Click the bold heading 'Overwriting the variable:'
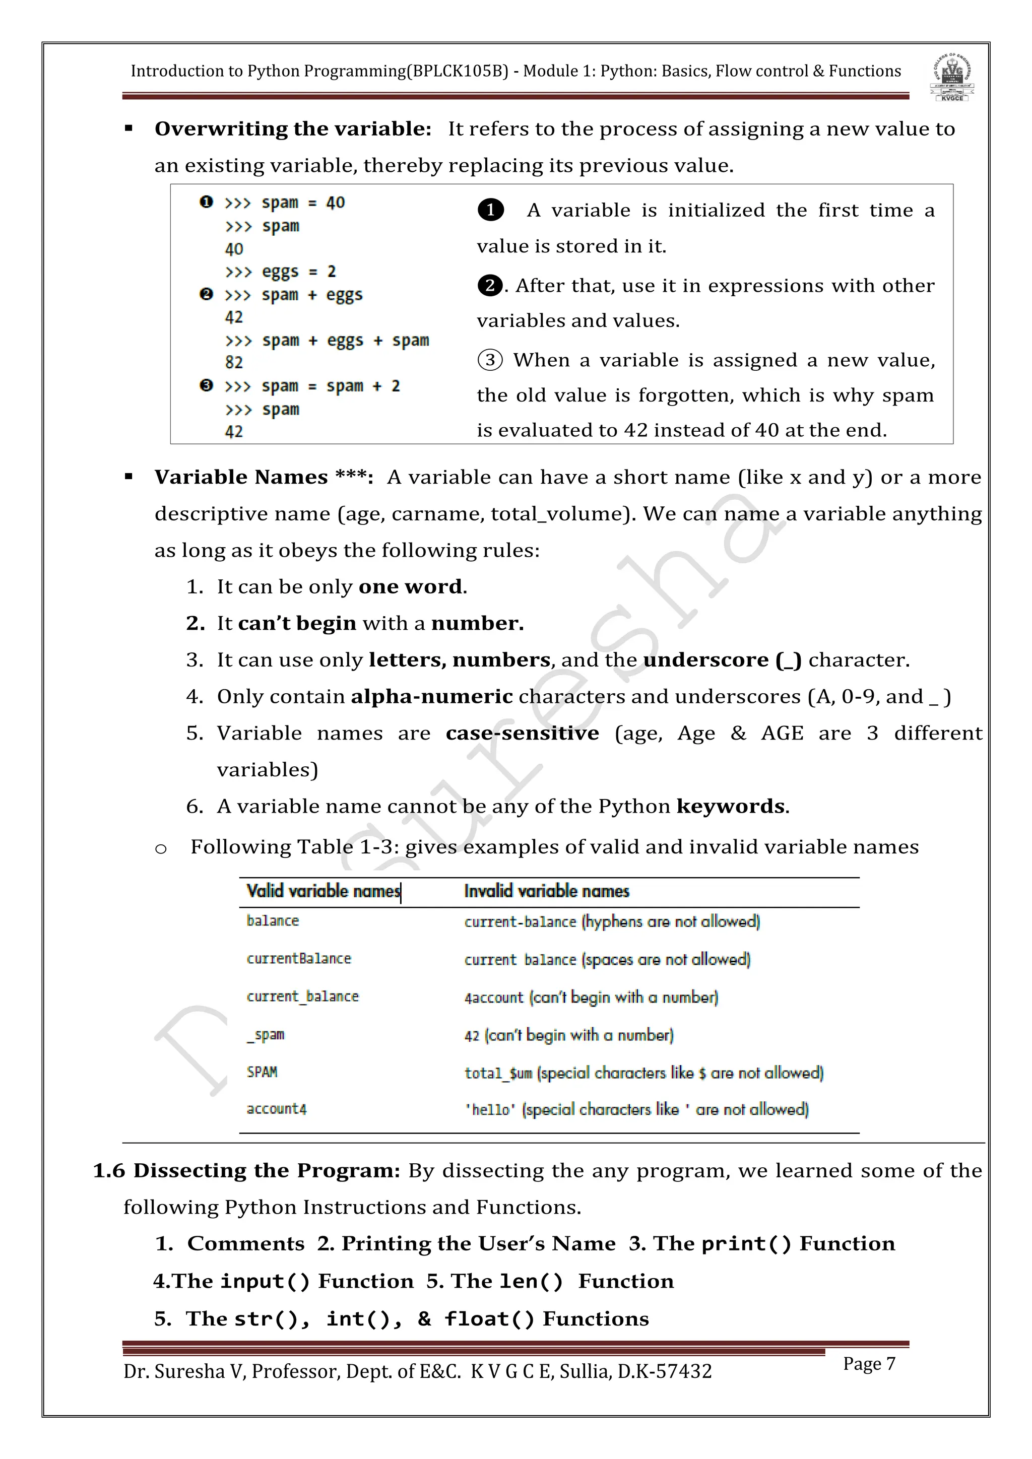click(x=293, y=129)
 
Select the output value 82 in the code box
click(x=234, y=362)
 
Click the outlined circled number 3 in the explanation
click(x=490, y=360)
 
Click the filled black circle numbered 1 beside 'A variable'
click(x=491, y=210)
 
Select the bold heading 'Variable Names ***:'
click(x=264, y=477)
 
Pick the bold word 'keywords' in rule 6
click(x=731, y=807)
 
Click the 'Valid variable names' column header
click(x=324, y=891)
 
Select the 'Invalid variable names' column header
click(x=547, y=891)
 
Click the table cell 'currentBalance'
click(x=299, y=958)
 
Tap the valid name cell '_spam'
click(x=266, y=1034)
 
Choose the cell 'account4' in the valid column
click(x=277, y=1109)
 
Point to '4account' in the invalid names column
click(x=494, y=998)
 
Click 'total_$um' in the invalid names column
click(x=498, y=1073)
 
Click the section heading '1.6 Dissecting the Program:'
click(x=246, y=1170)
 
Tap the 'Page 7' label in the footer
click(x=869, y=1364)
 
